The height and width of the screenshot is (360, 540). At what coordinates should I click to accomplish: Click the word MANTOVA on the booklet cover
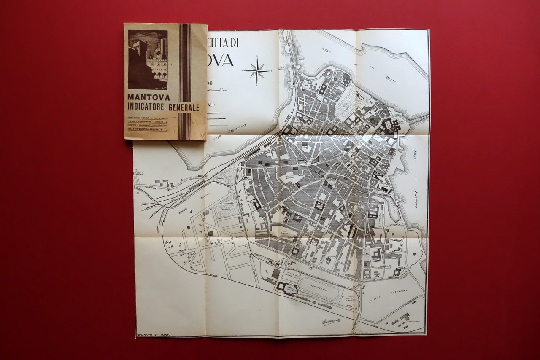pos(143,97)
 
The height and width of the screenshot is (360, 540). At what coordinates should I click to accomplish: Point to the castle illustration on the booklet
pos(148,59)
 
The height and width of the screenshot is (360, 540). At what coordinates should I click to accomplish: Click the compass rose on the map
pos(257,71)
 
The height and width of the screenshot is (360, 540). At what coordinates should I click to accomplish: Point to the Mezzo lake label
pos(391,78)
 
